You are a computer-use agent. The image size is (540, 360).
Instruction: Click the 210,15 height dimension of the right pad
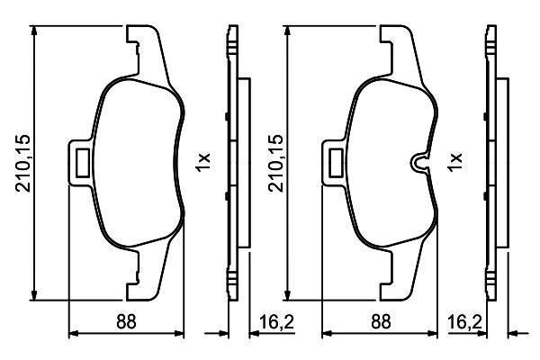tap(276, 163)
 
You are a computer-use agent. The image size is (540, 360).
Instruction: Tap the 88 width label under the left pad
tap(126, 321)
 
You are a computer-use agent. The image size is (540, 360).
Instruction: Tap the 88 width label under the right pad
tap(381, 321)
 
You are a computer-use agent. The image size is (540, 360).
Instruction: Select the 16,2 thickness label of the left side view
tap(276, 322)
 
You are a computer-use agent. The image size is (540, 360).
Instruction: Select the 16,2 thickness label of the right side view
tap(464, 322)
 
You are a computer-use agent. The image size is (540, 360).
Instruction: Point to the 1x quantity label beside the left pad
tap(202, 162)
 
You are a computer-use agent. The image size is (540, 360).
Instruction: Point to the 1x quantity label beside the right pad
tap(454, 162)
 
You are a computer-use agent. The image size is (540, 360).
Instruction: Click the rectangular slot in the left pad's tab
tap(82, 163)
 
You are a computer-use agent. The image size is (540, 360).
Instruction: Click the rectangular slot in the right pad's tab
tap(336, 163)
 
